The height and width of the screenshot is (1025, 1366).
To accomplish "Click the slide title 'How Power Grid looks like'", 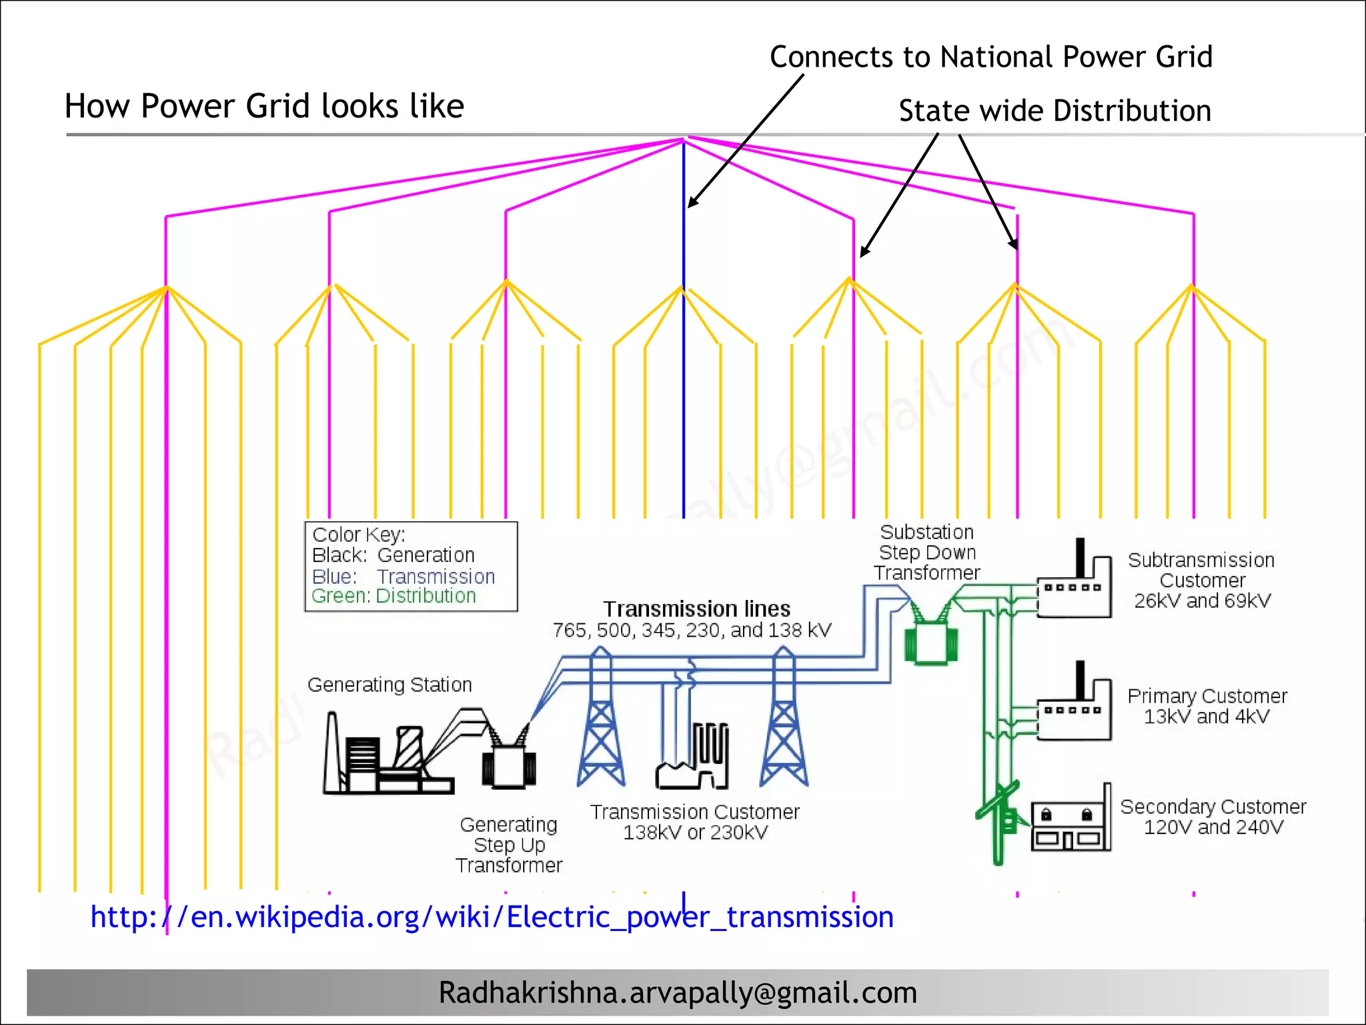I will point(264,106).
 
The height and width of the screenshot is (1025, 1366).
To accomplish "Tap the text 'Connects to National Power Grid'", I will point(990,57).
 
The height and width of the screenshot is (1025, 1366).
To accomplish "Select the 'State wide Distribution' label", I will point(1055,111).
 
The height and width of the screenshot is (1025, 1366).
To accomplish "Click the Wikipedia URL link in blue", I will point(492,917).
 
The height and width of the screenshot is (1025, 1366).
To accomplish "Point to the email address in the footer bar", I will point(678,992).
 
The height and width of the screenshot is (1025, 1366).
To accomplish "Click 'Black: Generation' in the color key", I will point(393,555).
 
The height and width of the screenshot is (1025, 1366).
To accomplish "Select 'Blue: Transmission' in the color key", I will point(403,577).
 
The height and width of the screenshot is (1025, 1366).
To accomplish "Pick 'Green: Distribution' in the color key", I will point(394,596).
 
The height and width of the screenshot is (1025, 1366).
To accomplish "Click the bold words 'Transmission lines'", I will point(696,609).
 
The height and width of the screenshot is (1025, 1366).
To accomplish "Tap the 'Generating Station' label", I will point(390,685).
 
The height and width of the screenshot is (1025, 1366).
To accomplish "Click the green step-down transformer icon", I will point(930,641).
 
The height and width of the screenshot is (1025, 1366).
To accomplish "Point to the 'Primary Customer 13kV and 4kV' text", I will point(1207,706).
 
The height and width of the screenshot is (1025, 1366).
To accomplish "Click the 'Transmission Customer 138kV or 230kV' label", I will point(694,822).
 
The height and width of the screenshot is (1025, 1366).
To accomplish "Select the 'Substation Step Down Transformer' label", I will point(926,553).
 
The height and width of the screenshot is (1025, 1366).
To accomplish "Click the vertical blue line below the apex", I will point(684,367).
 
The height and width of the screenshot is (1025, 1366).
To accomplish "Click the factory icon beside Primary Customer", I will point(1075,707).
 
